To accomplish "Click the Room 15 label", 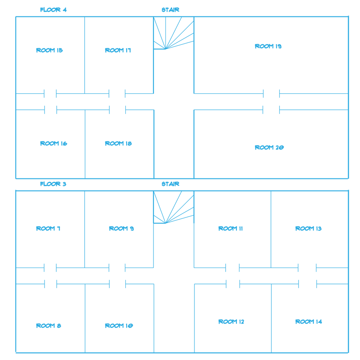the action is tap(49, 50).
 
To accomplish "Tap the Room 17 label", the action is tap(118, 50).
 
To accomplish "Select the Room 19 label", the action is tap(268, 46).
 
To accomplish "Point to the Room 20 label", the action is tap(269, 147).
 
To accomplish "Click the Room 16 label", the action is tap(54, 143).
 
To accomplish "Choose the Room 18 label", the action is tap(118, 143).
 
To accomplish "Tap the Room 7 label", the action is tap(48, 229).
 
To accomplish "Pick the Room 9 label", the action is tap(121, 229).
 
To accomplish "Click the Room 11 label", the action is tap(230, 229).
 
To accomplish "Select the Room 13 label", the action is tap(308, 229).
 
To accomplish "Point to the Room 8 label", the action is tap(48, 325).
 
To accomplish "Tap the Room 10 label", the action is tap(119, 325).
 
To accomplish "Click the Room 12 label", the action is tap(231, 322).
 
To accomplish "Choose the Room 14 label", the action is tap(309, 322).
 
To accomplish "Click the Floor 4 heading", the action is tap(53, 10).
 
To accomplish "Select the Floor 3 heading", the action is tap(53, 184).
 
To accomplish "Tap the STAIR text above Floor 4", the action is tap(170, 10).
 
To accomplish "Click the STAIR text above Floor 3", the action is tap(170, 184).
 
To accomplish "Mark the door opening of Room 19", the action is tap(271, 94).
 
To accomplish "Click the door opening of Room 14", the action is tap(308, 284).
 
